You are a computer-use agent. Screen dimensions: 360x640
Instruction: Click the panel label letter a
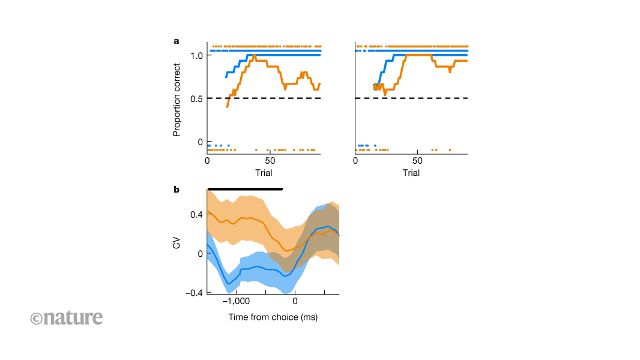pyautogui.click(x=176, y=41)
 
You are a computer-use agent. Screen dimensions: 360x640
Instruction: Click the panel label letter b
pyautogui.click(x=177, y=190)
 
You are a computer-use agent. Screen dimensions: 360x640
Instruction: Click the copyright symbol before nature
pyautogui.click(x=36, y=319)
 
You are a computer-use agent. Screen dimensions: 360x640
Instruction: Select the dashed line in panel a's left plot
pyautogui.click(x=264, y=98)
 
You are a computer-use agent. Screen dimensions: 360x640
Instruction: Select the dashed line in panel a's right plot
pyautogui.click(x=412, y=98)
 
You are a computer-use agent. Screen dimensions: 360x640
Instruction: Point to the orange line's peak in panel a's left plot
pyautogui.click(x=255, y=56)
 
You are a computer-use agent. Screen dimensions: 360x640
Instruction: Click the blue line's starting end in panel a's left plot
pyautogui.click(x=226, y=77)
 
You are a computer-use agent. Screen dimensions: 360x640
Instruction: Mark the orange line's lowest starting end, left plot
pyautogui.click(x=227, y=106)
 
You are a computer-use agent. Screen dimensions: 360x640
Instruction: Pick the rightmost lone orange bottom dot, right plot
pyautogui.click(x=450, y=150)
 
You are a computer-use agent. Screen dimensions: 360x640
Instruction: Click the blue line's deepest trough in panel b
pyautogui.click(x=228, y=283)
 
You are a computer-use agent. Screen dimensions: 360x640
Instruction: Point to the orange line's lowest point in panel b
pyautogui.click(x=286, y=250)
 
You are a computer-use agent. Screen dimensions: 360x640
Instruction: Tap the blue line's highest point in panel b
pyautogui.click(x=328, y=227)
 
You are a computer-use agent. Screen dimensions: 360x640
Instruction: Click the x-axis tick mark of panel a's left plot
pyautogui.click(x=270, y=152)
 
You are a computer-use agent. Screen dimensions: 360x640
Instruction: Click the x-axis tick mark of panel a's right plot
pyautogui.click(x=417, y=152)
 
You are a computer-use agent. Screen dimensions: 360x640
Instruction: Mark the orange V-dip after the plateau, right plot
pyautogui.click(x=450, y=71)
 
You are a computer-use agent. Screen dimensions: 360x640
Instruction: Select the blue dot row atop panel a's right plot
pyautogui.click(x=412, y=50)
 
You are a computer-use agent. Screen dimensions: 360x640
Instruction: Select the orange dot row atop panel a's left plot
pyautogui.click(x=264, y=46)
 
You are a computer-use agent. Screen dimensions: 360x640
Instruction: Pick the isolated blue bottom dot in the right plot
pyautogui.click(x=375, y=145)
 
